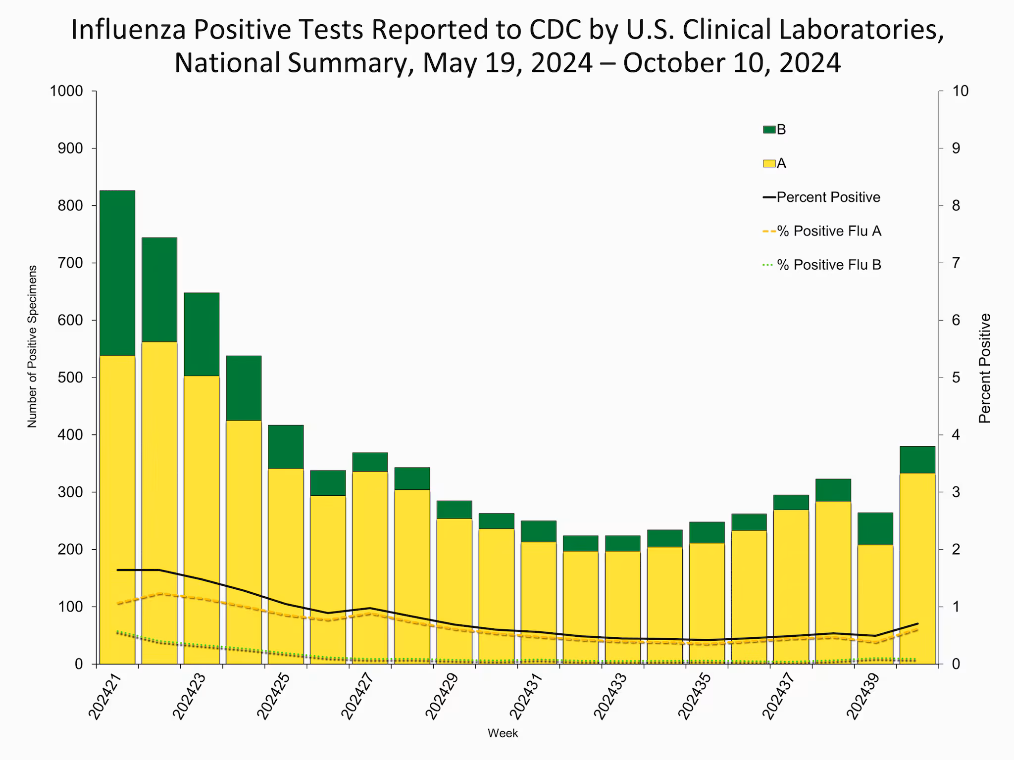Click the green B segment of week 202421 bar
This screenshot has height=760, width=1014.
click(x=117, y=273)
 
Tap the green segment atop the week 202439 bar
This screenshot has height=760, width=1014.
click(x=875, y=528)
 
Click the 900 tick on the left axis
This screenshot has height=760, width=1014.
click(x=72, y=148)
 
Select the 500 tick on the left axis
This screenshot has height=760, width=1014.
click(x=72, y=378)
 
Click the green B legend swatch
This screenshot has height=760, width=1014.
click(x=769, y=130)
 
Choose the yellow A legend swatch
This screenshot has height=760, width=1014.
click(x=769, y=163)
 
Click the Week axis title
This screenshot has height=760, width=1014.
click(x=503, y=733)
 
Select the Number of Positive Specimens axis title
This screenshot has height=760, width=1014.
click(x=32, y=346)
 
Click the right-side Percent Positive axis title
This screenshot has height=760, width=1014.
click(x=985, y=369)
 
